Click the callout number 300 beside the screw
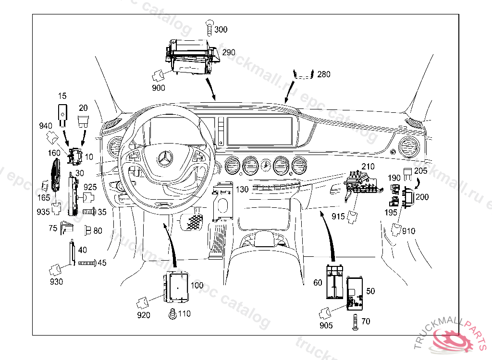tap(221, 29)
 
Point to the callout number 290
tap(228, 52)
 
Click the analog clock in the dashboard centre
tap(266, 165)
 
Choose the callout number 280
tap(324, 74)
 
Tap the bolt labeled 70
tap(355, 323)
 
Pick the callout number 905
tap(326, 325)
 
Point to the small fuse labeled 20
tap(83, 122)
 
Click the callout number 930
tap(57, 282)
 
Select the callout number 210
tap(368, 167)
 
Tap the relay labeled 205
tap(407, 174)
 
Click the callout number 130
tap(242, 190)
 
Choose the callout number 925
tap(90, 187)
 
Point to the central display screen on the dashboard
tap(259, 131)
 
